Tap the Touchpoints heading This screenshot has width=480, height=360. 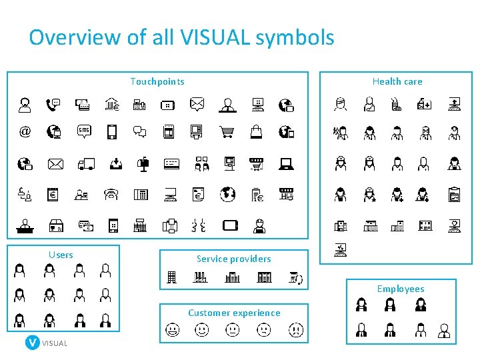click(157, 81)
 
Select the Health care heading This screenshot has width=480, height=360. click(397, 81)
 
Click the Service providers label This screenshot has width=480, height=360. click(233, 259)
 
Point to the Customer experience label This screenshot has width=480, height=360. click(234, 313)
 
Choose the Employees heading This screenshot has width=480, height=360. click(400, 289)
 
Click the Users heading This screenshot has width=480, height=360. click(61, 255)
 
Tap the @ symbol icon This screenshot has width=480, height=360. click(25, 131)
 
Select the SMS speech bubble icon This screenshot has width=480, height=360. click(83, 131)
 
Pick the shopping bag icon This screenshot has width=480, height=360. click(257, 131)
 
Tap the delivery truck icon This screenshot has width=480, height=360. click(85, 163)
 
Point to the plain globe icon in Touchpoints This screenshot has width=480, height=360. click(228, 194)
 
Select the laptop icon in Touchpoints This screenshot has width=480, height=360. click(286, 163)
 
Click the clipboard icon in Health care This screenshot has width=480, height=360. click(454, 195)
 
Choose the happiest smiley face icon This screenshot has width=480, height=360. click(172, 329)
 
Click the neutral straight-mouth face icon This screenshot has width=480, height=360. click(233, 329)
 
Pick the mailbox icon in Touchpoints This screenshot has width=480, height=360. click(142, 163)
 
